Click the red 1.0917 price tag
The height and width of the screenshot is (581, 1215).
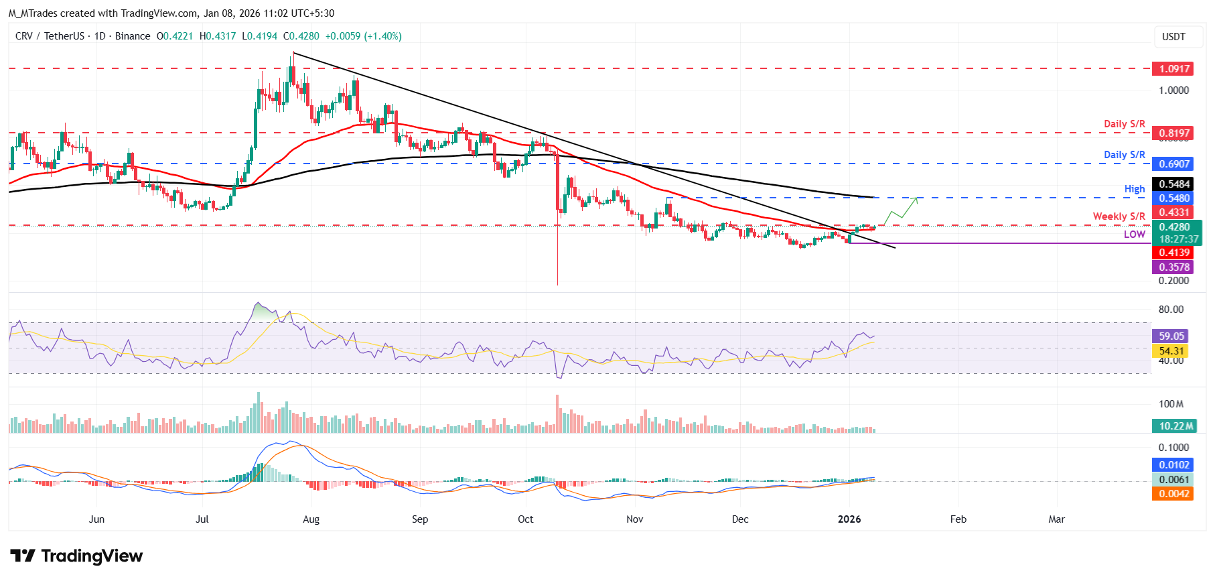coord(1175,69)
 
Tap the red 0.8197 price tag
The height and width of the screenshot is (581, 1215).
coord(1175,133)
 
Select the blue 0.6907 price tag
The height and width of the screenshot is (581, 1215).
coord(1175,164)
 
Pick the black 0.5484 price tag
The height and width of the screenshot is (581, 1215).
coord(1175,184)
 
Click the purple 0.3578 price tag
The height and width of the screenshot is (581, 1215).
coord(1175,267)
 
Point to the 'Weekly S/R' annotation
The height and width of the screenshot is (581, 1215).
coord(1119,216)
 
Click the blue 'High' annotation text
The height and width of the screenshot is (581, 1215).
coord(1134,189)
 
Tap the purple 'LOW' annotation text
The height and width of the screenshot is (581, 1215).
coord(1134,235)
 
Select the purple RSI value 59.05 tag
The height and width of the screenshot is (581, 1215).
coord(1171,336)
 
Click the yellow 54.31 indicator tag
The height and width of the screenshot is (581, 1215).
coord(1171,351)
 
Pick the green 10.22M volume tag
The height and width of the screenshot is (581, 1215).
coord(1176,426)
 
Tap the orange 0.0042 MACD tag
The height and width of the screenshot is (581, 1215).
coord(1174,494)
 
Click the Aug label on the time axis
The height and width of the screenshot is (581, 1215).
coord(311,519)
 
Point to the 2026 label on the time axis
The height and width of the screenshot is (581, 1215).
coord(849,519)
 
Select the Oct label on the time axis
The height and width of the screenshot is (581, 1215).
coord(525,519)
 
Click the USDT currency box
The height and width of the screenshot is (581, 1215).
coord(1173,37)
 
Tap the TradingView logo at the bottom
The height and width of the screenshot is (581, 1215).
coord(76,556)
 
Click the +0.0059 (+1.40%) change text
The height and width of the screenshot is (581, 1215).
coord(363,36)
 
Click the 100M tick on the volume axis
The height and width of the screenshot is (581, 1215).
coord(1171,404)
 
